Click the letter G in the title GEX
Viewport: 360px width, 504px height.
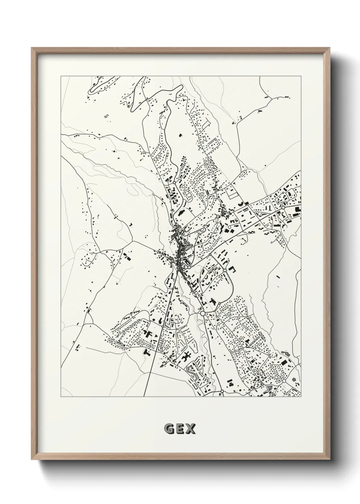click(x=168, y=429)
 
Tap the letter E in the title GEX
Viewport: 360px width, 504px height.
click(x=180, y=429)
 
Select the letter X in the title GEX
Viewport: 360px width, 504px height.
click(x=191, y=429)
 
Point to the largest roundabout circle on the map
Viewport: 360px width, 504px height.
click(x=202, y=313)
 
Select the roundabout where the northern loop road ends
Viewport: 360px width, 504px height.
click(x=174, y=183)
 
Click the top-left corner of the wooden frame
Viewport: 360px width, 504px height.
click(x=32, y=48)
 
